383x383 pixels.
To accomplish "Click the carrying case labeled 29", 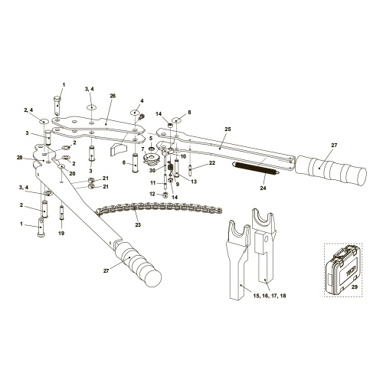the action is (342, 270).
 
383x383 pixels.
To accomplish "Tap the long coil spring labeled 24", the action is (256, 169).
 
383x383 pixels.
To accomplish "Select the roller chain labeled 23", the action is (159, 208).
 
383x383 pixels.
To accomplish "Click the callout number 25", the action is (228, 129).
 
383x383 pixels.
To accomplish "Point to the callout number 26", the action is (113, 96).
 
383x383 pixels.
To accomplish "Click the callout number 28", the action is (20, 158).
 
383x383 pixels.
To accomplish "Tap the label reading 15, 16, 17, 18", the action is (270, 296).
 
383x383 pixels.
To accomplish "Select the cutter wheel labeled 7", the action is (152, 159).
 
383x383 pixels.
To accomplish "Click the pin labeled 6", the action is (136, 163).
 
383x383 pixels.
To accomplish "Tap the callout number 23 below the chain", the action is (138, 225).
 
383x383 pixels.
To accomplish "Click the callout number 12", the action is (152, 194).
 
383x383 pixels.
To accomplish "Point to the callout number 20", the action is (72, 174).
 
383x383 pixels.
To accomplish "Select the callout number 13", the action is (194, 182).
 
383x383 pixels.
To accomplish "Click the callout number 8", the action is (189, 112).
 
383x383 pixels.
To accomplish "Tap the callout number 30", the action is (152, 170).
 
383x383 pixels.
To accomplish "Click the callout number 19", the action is (61, 233).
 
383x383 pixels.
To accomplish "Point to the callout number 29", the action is (355, 287).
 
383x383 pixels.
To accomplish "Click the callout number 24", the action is (263, 188).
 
